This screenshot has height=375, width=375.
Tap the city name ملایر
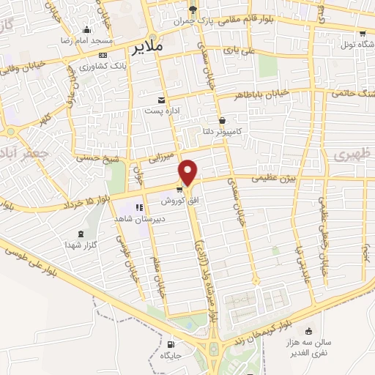(146, 50)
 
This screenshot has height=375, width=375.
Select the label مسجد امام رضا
(87, 40)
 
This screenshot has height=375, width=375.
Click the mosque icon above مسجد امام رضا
(87, 30)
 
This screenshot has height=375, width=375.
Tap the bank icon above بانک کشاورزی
(102, 55)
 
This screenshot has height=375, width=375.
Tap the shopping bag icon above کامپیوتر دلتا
(222, 121)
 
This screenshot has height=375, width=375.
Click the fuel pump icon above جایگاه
(171, 344)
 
